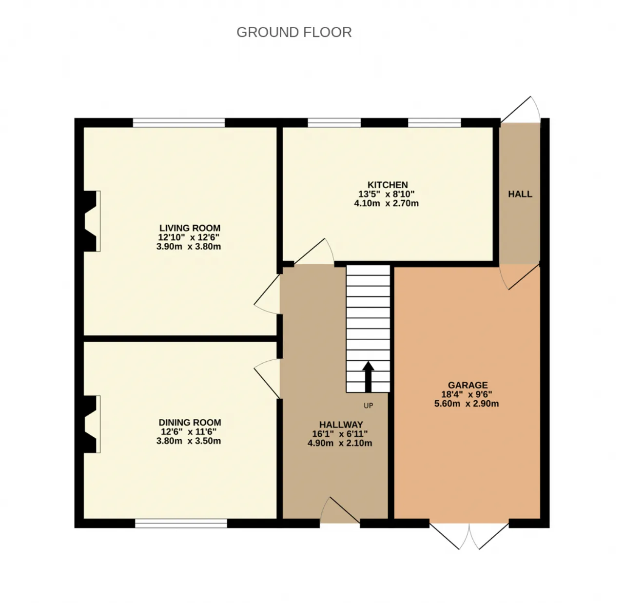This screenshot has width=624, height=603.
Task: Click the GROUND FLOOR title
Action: (x=294, y=32)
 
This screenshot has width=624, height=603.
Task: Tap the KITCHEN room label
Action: (x=388, y=185)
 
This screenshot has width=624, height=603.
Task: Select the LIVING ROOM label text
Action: (x=190, y=228)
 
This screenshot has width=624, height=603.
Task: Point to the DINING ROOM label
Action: (x=190, y=423)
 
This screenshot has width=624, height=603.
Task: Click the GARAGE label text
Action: (x=468, y=385)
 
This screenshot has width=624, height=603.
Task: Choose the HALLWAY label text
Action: (x=341, y=425)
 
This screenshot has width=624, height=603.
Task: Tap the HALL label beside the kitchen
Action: (x=520, y=194)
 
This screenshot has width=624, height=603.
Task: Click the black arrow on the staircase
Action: (x=368, y=377)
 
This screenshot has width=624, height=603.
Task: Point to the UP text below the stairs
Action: (x=369, y=406)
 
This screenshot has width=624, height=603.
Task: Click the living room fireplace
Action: (x=90, y=221)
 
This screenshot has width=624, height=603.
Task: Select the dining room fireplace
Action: (x=90, y=424)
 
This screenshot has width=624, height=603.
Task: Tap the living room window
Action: (x=178, y=123)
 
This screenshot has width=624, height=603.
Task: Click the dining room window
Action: (x=181, y=524)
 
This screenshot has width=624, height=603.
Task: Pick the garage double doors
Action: (x=469, y=536)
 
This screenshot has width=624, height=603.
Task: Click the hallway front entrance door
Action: (x=340, y=510)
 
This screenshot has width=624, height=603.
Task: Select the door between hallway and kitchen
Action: (x=314, y=252)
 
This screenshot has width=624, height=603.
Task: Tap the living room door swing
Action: (x=267, y=294)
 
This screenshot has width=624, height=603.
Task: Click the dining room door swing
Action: (x=267, y=379)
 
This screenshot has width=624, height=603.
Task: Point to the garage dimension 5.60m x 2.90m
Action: (x=467, y=404)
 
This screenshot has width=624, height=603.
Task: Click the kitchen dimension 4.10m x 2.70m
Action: (x=387, y=203)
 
